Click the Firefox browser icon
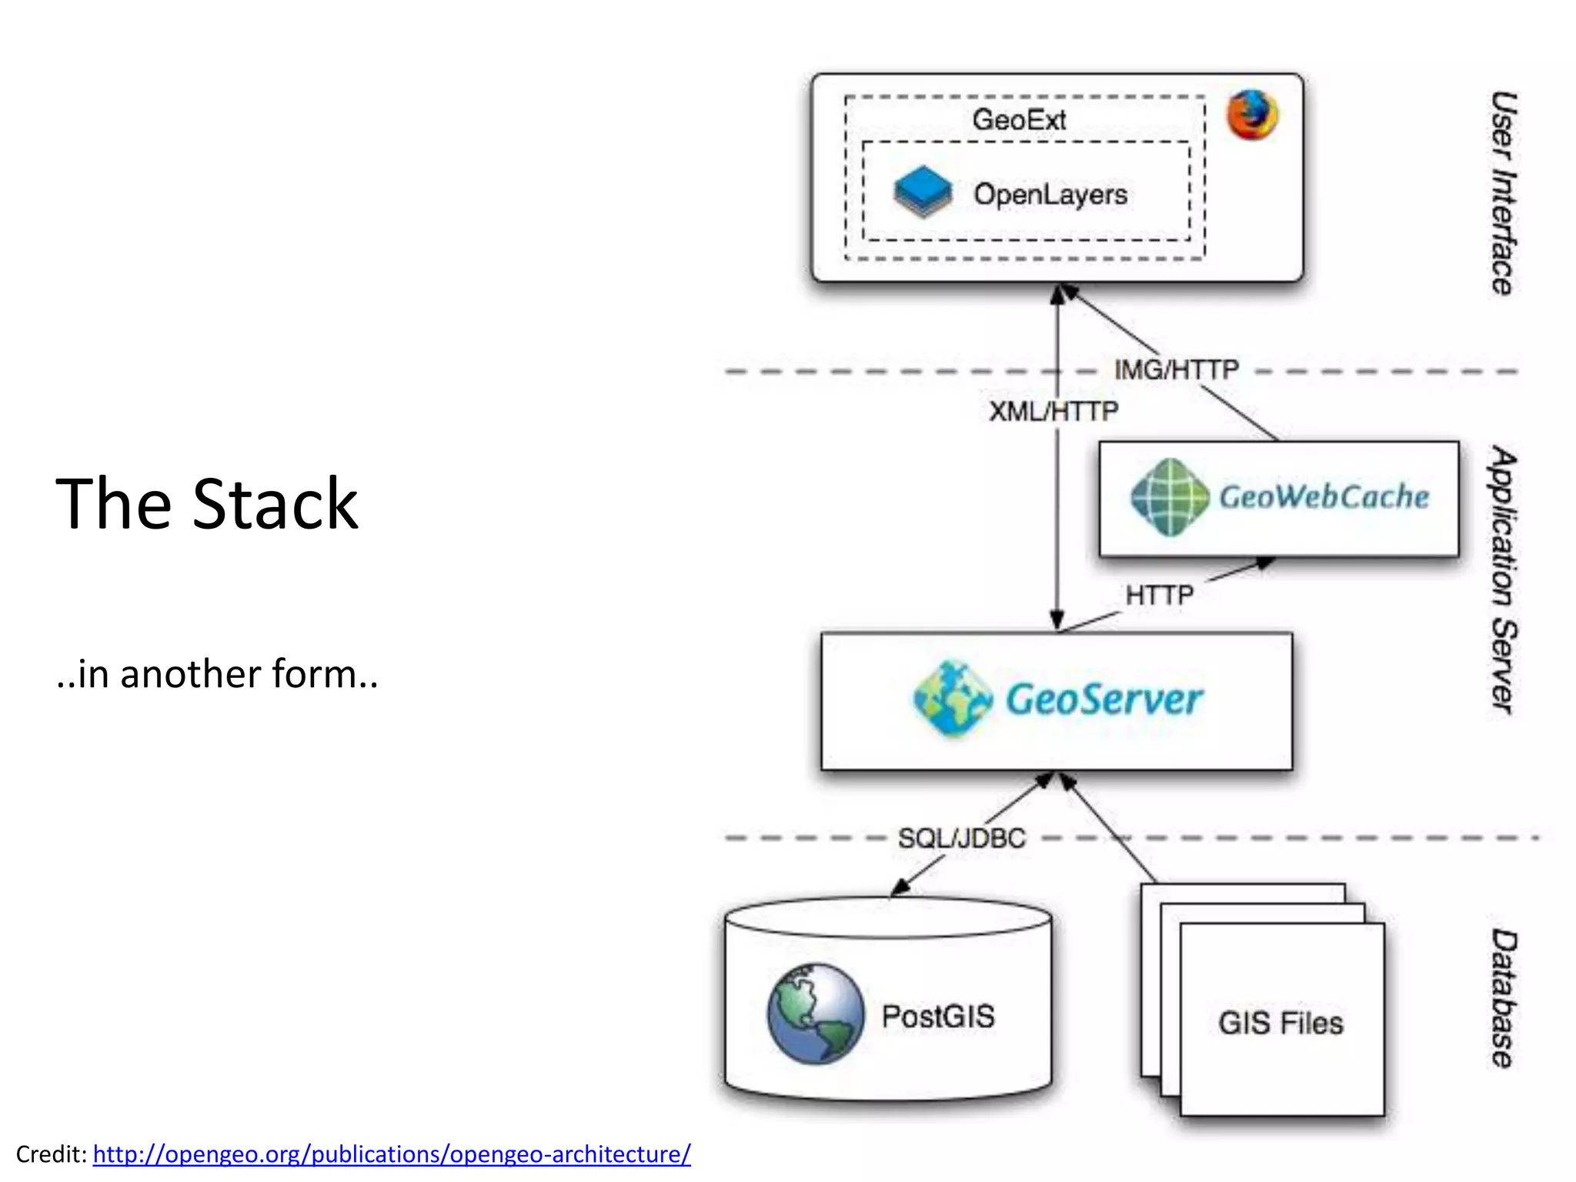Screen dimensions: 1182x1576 click(x=1252, y=115)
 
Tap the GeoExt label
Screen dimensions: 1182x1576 click(x=1019, y=120)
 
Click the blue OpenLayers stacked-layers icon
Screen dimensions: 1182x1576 click(x=923, y=192)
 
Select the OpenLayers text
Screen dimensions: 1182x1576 click(x=1050, y=194)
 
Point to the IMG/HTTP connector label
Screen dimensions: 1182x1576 click(x=1176, y=370)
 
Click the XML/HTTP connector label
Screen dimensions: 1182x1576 click(x=1053, y=412)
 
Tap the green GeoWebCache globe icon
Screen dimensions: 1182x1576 click(x=1170, y=497)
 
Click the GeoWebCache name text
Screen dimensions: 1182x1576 click(x=1324, y=497)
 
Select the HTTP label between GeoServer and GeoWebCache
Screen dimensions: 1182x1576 click(x=1159, y=595)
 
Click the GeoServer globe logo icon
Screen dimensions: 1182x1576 click(x=953, y=699)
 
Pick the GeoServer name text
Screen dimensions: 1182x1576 click(x=1104, y=700)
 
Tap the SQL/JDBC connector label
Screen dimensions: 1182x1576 click(x=961, y=838)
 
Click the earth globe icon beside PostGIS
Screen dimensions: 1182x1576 click(x=815, y=1014)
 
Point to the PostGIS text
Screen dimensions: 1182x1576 click(x=938, y=1017)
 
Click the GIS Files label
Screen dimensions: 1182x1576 click(x=1280, y=1023)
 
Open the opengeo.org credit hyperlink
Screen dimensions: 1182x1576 click(x=392, y=1154)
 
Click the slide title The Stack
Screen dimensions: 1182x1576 click(x=206, y=504)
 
